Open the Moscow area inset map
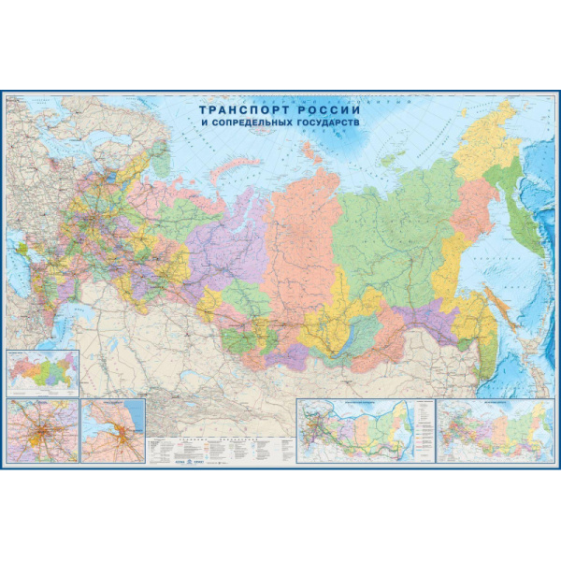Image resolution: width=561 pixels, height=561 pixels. coord(41,431)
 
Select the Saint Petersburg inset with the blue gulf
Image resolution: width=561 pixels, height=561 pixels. coord(113,431)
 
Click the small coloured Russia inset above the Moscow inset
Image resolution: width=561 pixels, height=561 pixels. coord(41,372)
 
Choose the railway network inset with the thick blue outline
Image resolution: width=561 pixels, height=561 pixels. coord(354,430)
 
